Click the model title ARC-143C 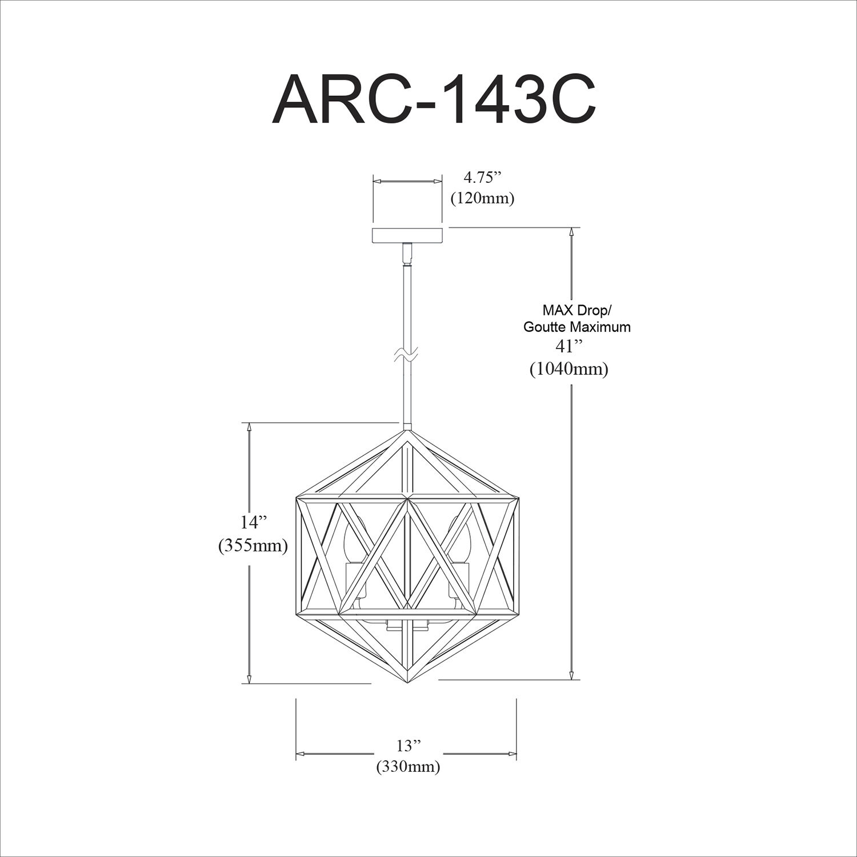434,99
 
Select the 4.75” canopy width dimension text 482,178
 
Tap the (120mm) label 482,198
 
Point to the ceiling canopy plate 407,235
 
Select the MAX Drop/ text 576,311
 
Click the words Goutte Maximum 577,327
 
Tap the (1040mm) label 568,369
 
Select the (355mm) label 253,546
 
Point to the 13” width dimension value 408,746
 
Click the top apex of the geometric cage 407,432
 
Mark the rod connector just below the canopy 407,254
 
